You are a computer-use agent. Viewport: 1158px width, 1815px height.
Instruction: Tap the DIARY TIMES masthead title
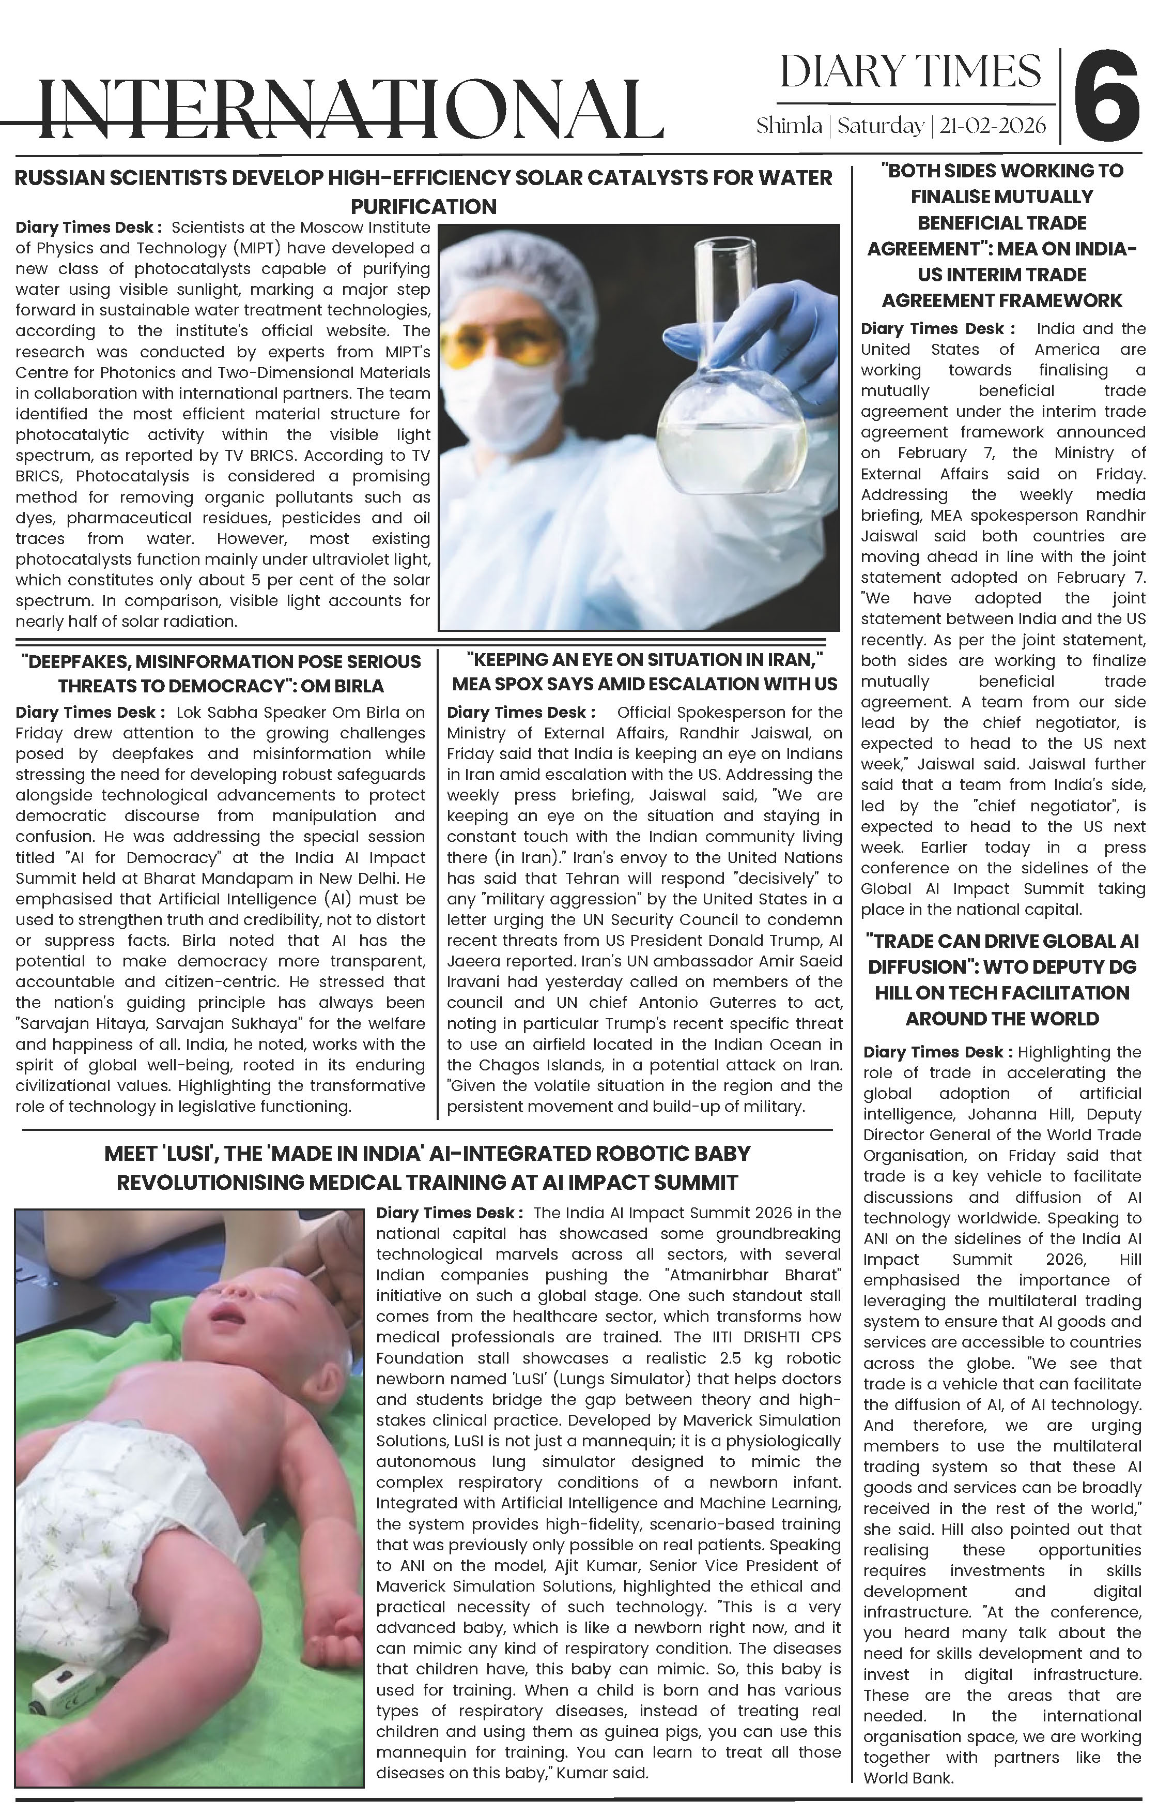pos(910,72)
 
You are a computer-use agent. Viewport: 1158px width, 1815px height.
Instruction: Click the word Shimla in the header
pos(789,125)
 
